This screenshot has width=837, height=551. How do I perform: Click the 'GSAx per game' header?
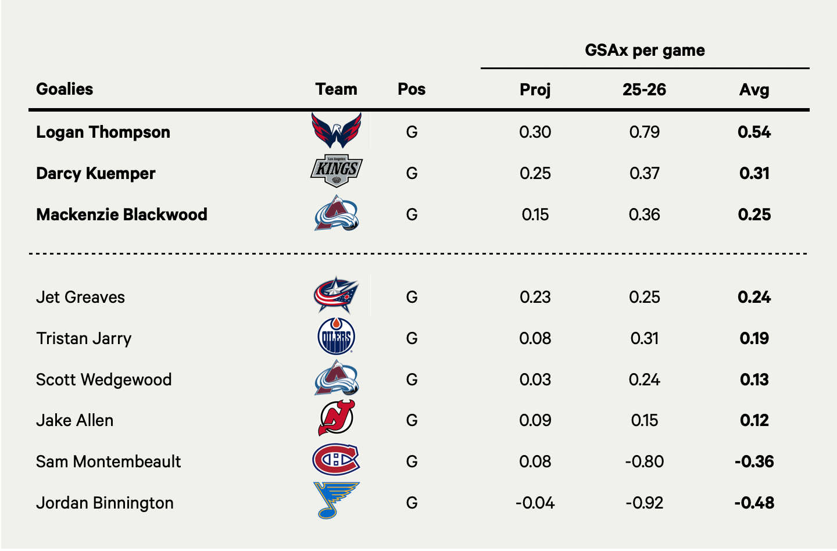coord(645,51)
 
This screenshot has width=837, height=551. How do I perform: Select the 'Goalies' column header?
coord(65,89)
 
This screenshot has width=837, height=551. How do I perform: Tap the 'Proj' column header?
coord(535,90)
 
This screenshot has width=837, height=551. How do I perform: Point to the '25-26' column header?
coord(644,90)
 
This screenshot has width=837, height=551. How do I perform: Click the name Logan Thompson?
coord(103,132)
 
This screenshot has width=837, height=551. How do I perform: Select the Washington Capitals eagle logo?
coord(336,130)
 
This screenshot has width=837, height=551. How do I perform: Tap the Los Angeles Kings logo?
coord(336,171)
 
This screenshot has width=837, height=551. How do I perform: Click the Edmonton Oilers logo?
coord(336,336)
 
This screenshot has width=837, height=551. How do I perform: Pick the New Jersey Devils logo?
coord(336,418)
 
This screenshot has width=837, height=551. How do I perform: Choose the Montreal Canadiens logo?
coord(336,459)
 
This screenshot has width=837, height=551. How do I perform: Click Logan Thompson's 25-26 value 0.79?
coord(644,132)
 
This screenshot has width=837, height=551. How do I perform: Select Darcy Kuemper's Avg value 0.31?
coord(754,173)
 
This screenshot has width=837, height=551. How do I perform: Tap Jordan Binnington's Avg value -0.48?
coord(754,503)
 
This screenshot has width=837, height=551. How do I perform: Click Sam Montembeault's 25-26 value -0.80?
coord(644,461)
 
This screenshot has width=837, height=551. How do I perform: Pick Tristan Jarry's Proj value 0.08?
coord(535,338)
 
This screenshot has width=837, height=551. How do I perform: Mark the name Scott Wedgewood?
coord(103,380)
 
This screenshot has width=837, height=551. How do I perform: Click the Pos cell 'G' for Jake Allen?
coord(412,420)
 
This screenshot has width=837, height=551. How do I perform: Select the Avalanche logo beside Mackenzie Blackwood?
coord(336,213)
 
